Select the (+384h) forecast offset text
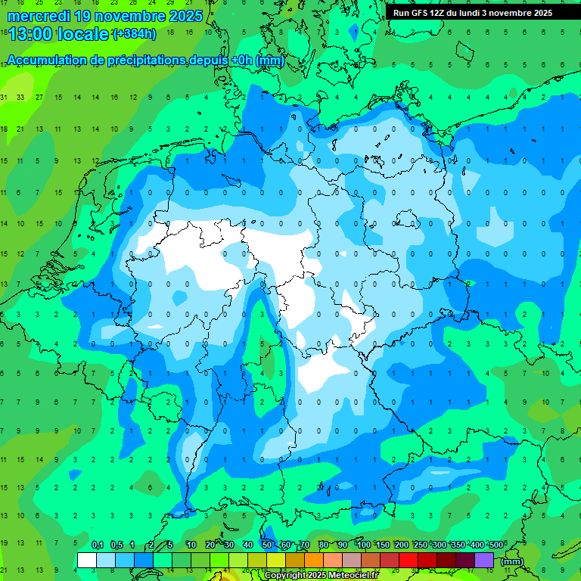pyautogui.click(x=134, y=34)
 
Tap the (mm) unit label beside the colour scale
pyautogui.click(x=511, y=561)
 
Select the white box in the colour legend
pyautogui.click(x=87, y=561)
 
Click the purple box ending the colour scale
pyautogui.click(x=484, y=561)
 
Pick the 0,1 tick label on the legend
pyautogui.click(x=98, y=545)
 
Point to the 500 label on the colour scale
pyautogui.click(x=496, y=545)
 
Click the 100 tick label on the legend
pyautogui.click(x=364, y=545)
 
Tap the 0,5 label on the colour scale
pyautogui.click(x=117, y=545)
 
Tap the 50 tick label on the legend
pyautogui.click(x=267, y=545)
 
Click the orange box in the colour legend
pyautogui.click(x=314, y=561)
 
